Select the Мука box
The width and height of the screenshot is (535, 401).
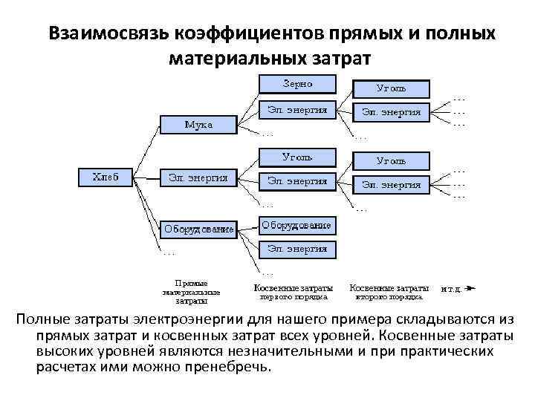(x=198, y=124)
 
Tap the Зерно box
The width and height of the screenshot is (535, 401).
(x=297, y=83)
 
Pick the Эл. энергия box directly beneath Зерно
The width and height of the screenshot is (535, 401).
(x=297, y=110)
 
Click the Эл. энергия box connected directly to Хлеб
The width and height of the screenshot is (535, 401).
(x=198, y=177)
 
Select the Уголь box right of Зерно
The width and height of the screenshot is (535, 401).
(x=391, y=88)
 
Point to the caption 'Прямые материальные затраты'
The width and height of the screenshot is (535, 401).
(x=191, y=292)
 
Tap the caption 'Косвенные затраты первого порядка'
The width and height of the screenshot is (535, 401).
(x=293, y=291)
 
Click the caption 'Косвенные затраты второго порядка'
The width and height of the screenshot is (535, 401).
(x=388, y=291)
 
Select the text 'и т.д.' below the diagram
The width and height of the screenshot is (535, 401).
(x=452, y=287)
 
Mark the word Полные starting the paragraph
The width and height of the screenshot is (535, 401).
(x=43, y=319)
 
